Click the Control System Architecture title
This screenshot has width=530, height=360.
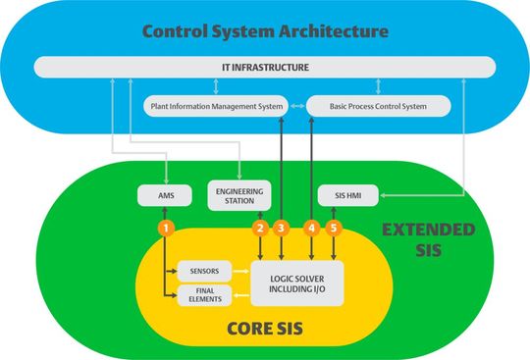(265, 30)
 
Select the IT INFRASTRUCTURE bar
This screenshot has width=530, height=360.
(265, 67)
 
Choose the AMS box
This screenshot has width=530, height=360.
(167, 196)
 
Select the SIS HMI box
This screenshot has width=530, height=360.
(341, 195)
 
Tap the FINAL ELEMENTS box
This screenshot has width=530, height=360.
(204, 294)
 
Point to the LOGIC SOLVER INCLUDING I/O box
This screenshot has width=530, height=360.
(297, 282)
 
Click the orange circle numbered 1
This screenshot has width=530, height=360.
(167, 228)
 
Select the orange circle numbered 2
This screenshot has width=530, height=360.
(260, 228)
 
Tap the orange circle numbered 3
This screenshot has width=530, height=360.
(282, 228)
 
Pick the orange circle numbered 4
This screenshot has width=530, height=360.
(312, 228)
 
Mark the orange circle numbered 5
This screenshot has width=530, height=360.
(335, 228)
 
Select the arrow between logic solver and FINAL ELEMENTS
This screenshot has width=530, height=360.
(241, 294)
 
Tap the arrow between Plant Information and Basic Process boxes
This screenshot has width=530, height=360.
(295, 104)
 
